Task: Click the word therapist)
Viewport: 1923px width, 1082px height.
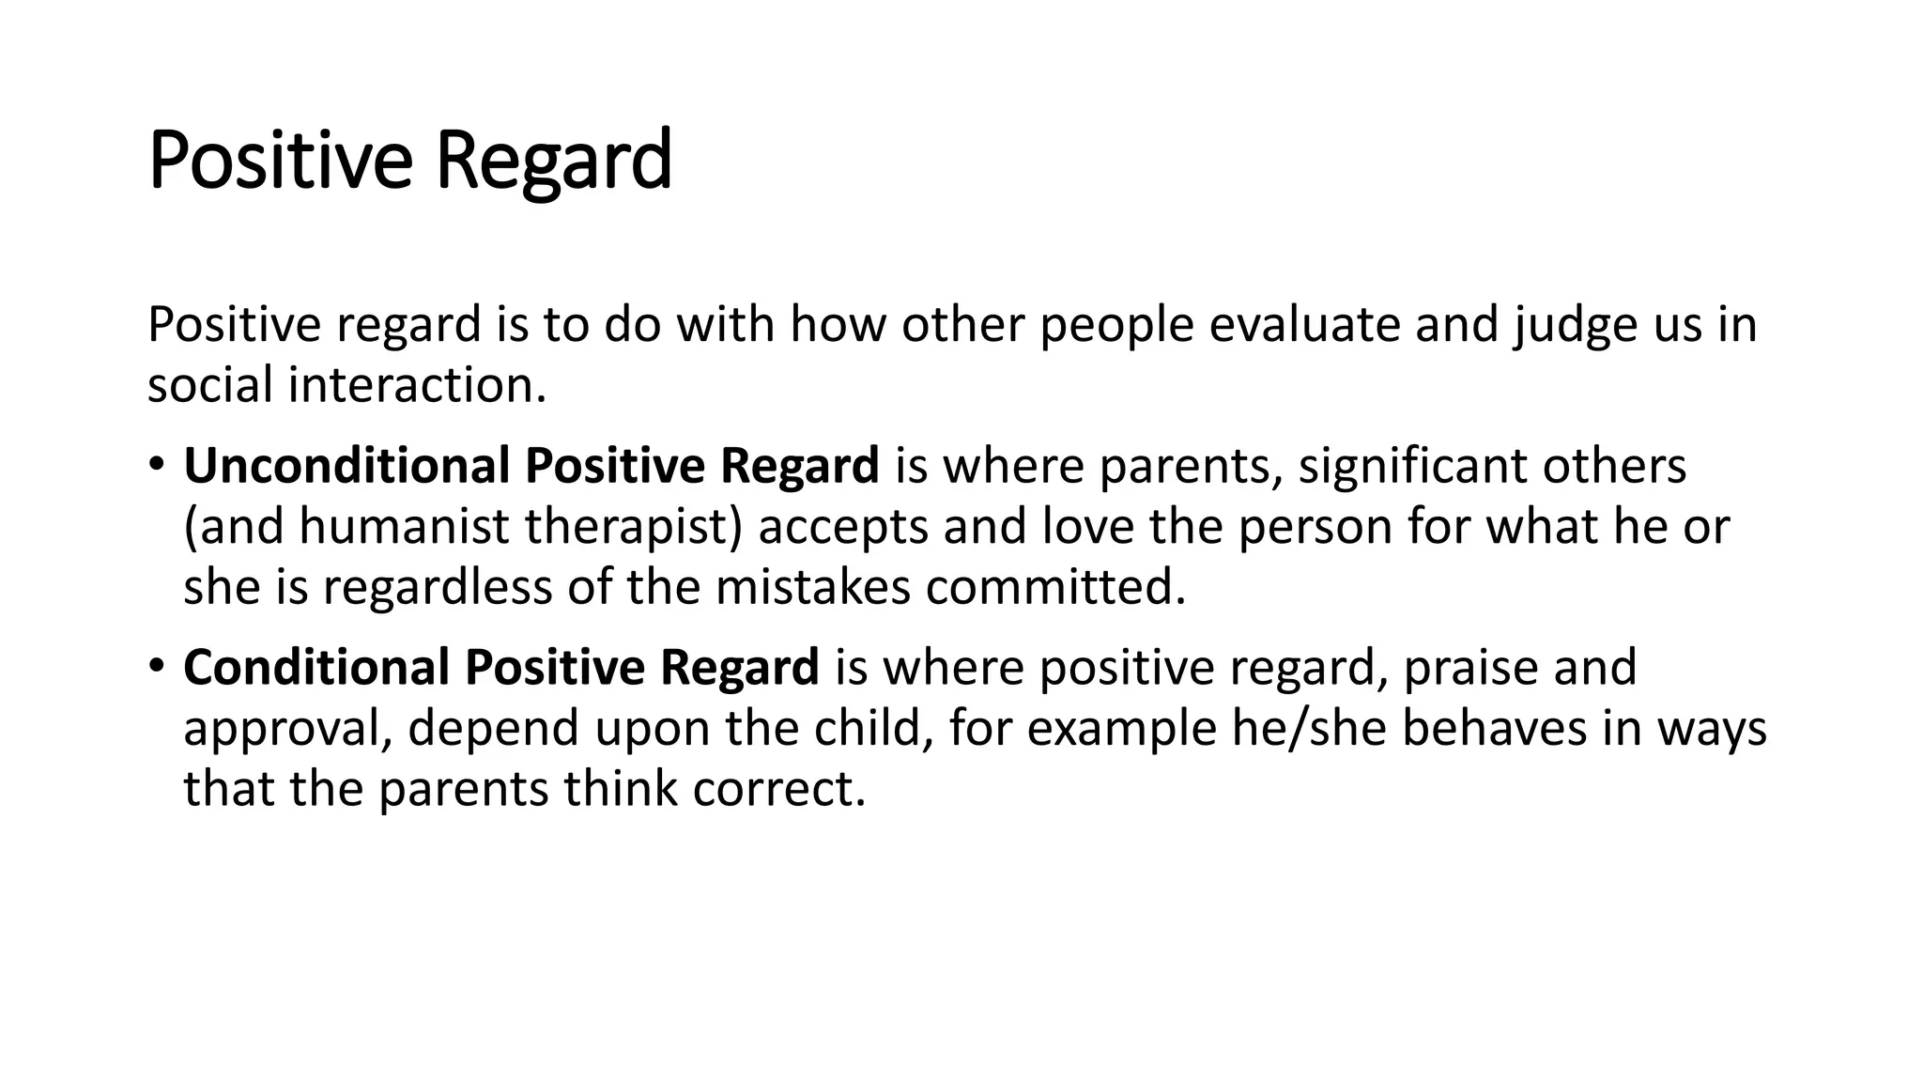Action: tap(634, 528)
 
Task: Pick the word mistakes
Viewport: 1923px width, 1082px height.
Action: tap(812, 588)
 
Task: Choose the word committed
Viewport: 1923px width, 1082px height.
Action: tap(1055, 588)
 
